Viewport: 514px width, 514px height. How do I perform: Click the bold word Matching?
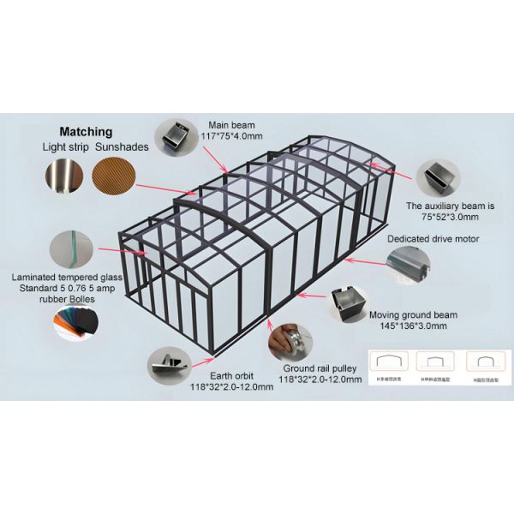[x=86, y=132]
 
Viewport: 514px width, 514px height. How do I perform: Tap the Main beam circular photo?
[x=176, y=138]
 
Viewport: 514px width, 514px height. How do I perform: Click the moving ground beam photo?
[x=350, y=305]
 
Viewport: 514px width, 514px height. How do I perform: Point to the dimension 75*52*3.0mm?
[x=448, y=218]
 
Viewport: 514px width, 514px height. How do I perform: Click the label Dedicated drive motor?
[x=433, y=239]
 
